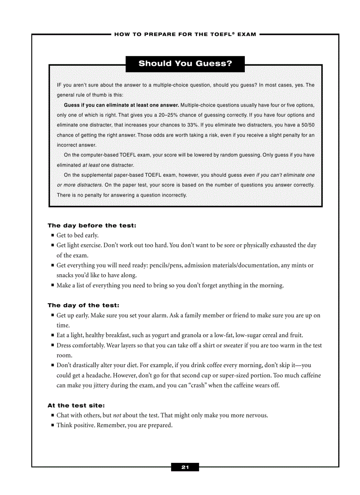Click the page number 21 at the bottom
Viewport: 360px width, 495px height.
click(185, 467)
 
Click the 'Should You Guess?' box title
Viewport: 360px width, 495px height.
click(185, 63)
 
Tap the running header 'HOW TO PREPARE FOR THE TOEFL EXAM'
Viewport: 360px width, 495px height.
click(185, 34)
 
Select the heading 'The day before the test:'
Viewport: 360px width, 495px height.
click(92, 226)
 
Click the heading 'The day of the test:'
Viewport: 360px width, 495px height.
click(83, 305)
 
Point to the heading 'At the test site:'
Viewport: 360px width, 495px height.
click(76, 406)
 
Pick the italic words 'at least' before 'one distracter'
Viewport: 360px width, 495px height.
click(91, 165)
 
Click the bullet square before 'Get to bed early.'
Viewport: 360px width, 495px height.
click(52, 235)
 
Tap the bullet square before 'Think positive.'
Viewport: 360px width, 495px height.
click(52, 425)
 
